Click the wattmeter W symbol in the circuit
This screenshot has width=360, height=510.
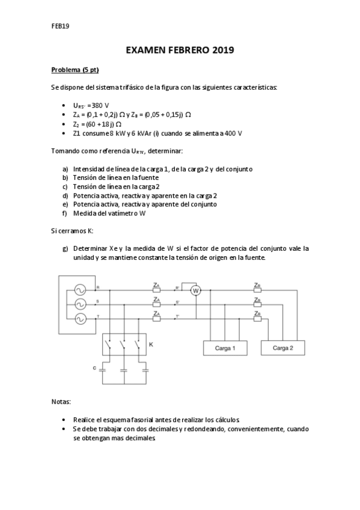coord(195,291)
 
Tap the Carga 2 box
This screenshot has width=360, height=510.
coord(283,348)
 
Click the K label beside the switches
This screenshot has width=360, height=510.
coord(151,345)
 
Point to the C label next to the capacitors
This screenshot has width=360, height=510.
coord(94,366)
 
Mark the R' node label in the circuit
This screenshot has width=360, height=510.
coord(177,287)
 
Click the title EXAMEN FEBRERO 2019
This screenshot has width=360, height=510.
coord(180,51)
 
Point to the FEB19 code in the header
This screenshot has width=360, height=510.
coord(61,26)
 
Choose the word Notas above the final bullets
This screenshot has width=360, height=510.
coord(61,401)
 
